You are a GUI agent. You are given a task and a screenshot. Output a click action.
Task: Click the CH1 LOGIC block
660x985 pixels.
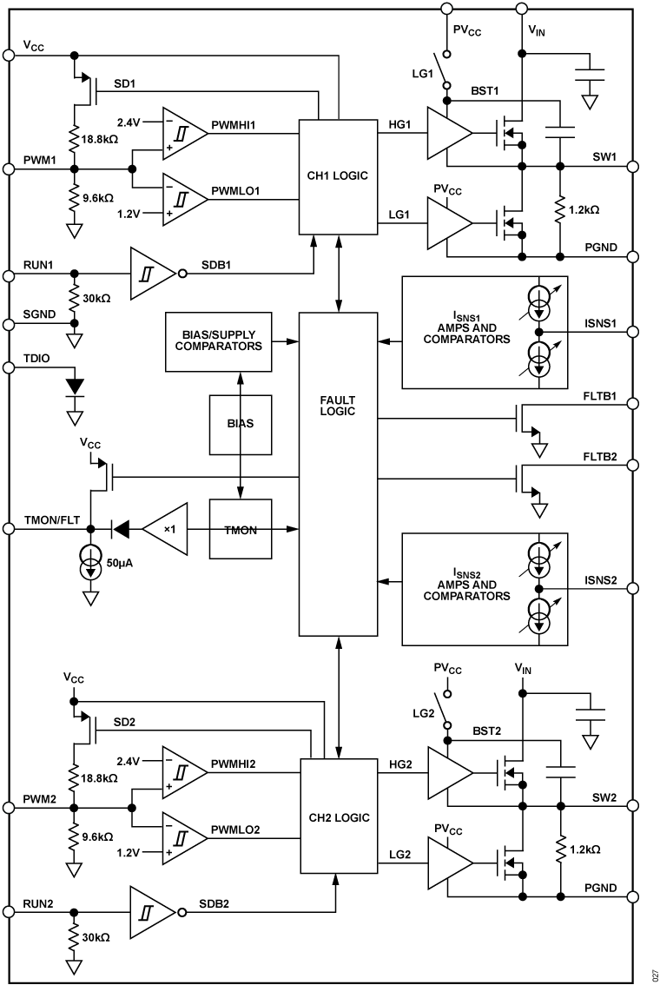tap(339, 176)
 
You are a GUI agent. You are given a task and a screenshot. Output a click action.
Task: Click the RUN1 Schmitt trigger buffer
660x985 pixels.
tap(152, 271)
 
